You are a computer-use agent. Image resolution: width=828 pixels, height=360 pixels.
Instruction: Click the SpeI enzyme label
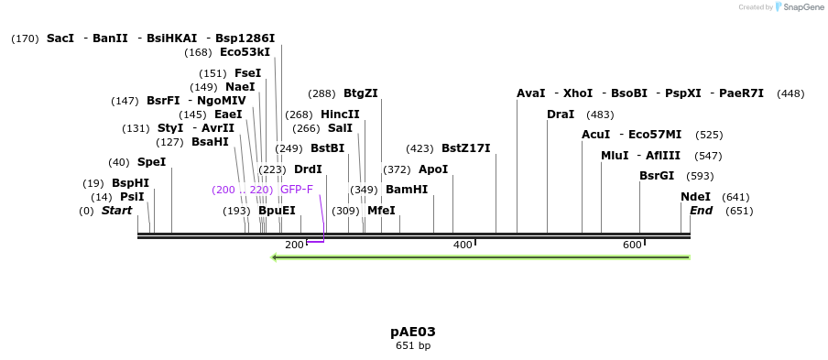point(152,162)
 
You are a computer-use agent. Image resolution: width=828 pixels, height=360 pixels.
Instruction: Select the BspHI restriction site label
point(130,183)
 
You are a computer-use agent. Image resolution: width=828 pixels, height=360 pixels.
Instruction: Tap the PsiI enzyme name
point(132,197)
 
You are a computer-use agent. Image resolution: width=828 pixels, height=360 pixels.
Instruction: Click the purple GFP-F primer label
point(297,190)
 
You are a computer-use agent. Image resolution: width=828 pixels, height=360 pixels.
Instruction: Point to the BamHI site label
point(407,190)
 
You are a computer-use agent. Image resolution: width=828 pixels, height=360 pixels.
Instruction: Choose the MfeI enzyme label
point(381,211)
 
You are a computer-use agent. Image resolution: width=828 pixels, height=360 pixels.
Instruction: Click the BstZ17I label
point(466,148)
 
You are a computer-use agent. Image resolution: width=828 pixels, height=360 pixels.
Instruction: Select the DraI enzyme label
point(561,115)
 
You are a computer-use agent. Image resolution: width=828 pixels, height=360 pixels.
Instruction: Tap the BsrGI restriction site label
point(658,176)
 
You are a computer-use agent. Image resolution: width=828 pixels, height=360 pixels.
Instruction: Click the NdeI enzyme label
point(696,197)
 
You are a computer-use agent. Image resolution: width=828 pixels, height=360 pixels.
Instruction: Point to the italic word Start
point(116,211)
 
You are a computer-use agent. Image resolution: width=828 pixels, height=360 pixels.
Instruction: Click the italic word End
point(702,211)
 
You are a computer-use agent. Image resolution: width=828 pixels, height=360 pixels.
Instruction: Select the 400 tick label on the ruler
point(463,245)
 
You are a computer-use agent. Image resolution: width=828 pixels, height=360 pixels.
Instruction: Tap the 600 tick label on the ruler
point(632,245)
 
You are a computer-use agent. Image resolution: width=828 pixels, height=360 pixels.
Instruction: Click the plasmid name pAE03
point(413,332)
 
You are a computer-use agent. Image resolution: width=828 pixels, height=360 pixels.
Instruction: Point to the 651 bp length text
point(413,346)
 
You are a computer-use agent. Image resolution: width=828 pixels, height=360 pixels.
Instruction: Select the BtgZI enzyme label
point(361,93)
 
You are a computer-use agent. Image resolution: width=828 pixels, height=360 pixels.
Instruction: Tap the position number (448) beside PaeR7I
point(790,93)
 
